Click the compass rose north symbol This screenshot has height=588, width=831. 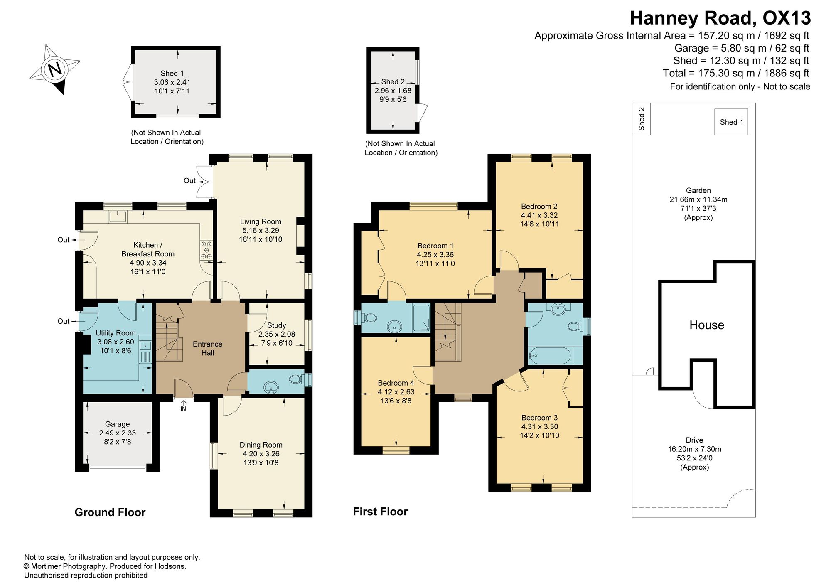[x=55, y=69]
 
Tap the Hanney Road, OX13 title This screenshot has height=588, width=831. [x=720, y=18]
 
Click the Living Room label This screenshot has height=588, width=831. [x=261, y=221]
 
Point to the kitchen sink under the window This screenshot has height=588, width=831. [x=118, y=217]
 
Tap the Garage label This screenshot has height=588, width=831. [x=117, y=424]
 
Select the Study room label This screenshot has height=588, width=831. [x=277, y=325]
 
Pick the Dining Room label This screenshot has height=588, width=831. [x=261, y=445]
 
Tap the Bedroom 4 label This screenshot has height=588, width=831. [x=396, y=383]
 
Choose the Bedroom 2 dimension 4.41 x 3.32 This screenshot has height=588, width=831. [x=539, y=215]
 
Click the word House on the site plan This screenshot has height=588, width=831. [x=707, y=325]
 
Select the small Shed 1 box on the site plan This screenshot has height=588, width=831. [x=731, y=122]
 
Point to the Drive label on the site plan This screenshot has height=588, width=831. [x=695, y=440]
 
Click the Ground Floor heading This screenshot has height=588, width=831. [x=110, y=512]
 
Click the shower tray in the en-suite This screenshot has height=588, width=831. [x=421, y=318]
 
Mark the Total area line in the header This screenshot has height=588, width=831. [x=736, y=73]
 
